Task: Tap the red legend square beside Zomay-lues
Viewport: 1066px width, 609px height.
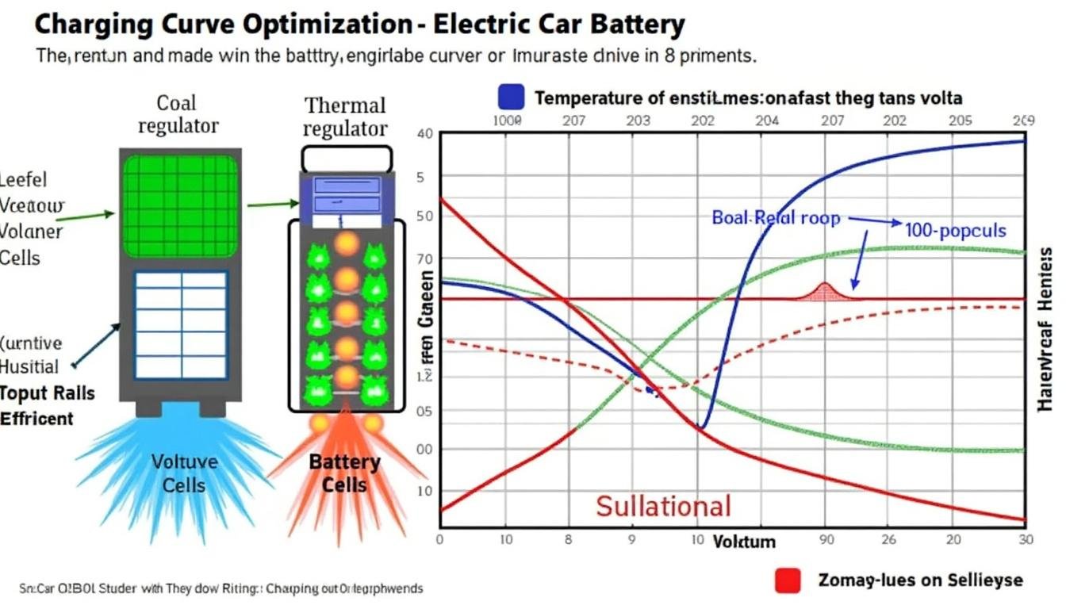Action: [788, 580]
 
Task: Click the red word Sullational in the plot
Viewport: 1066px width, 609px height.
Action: [663, 505]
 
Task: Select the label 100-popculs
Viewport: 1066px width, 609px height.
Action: [955, 231]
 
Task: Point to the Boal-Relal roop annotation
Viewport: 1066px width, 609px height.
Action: [775, 217]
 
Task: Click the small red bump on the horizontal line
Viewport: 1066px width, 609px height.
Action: [823, 291]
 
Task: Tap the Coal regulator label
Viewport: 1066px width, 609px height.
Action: [178, 113]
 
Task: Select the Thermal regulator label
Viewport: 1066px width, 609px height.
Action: [345, 117]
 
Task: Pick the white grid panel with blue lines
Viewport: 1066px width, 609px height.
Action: [181, 324]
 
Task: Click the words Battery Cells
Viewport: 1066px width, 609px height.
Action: [345, 473]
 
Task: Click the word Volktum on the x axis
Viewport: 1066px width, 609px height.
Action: [743, 542]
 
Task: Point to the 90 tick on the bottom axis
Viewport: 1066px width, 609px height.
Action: [826, 539]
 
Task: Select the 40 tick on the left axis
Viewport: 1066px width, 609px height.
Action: [424, 134]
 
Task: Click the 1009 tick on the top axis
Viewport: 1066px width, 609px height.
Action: [507, 121]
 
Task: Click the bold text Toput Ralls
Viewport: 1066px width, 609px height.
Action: [47, 393]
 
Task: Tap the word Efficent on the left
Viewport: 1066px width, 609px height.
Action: [36, 419]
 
